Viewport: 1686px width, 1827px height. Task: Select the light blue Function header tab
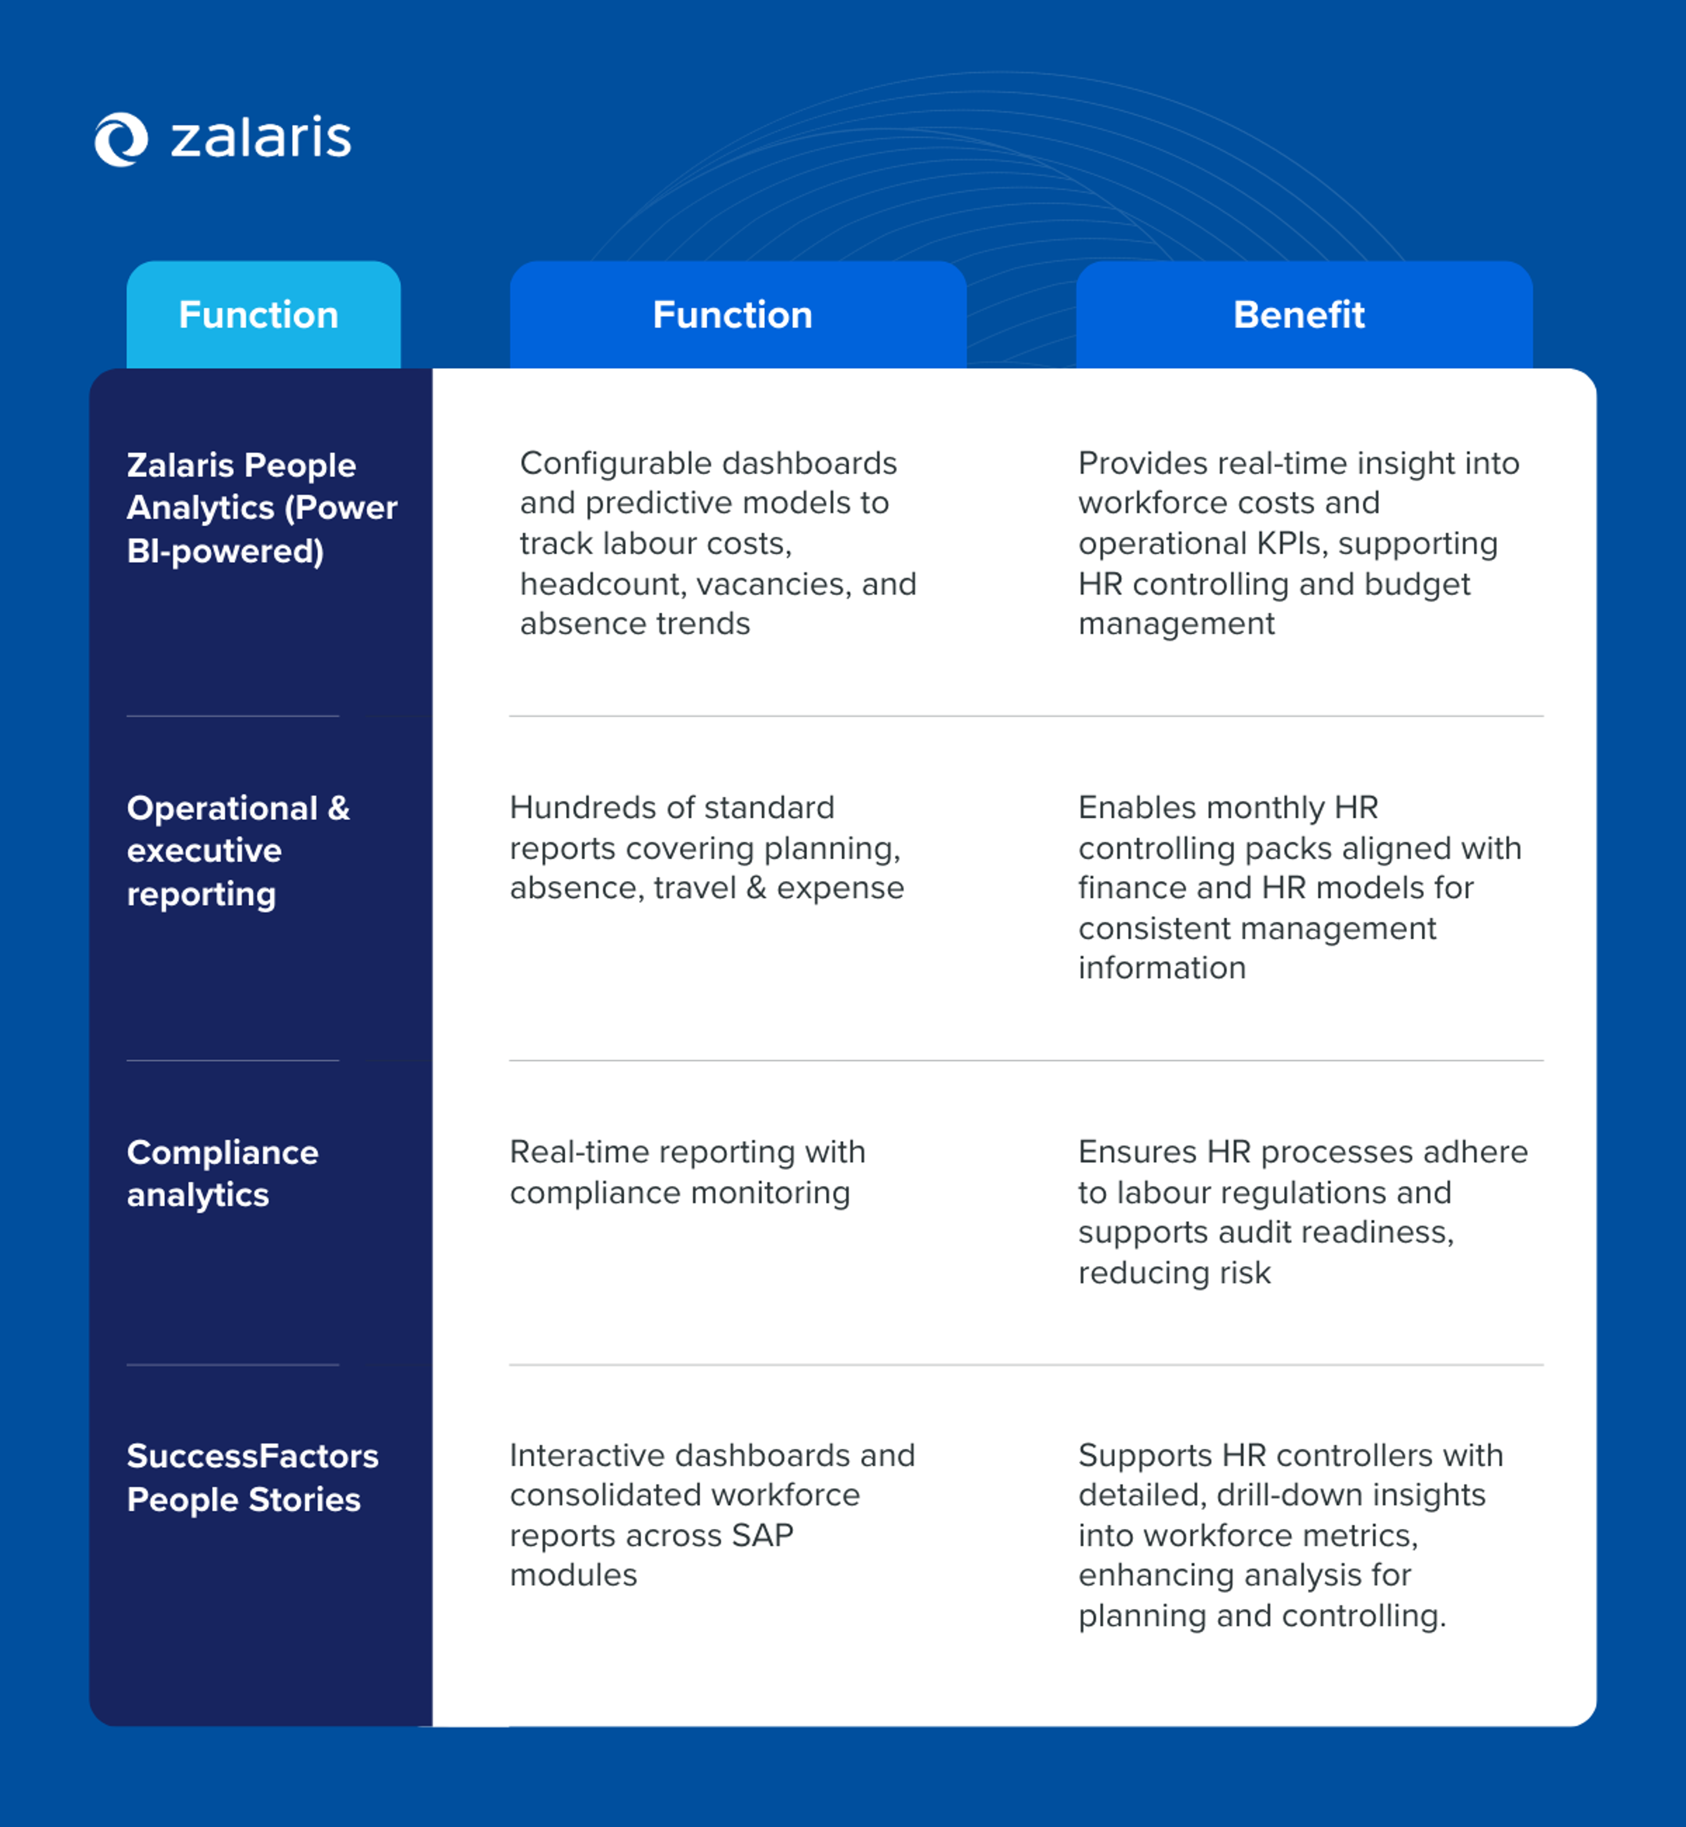[263, 315]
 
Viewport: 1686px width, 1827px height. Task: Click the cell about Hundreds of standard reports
[706, 848]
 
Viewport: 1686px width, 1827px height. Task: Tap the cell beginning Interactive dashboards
[712, 1515]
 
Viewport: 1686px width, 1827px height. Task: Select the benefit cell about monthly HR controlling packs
[1299, 887]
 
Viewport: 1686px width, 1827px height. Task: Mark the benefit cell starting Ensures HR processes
[1302, 1212]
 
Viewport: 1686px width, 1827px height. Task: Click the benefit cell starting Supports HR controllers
[1290, 1535]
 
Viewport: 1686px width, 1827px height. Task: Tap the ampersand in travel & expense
[756, 888]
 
